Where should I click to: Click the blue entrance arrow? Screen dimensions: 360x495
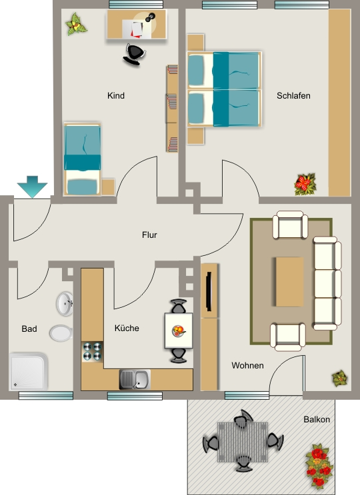(32, 187)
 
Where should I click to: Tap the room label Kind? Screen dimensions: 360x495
(116, 96)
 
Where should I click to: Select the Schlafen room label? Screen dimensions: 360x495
(293, 96)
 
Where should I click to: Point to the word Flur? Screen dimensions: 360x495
(149, 235)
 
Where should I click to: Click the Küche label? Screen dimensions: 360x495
(127, 328)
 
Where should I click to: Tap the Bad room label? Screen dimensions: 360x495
(29, 329)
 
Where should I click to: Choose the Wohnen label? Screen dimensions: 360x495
(247, 366)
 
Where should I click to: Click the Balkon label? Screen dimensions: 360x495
(317, 420)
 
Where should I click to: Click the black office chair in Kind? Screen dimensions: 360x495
(134, 55)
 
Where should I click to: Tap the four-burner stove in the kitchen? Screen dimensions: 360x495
(92, 352)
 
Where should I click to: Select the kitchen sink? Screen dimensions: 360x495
(135, 380)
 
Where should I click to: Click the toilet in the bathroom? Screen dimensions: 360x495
(61, 333)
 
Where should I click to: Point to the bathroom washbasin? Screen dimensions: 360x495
(65, 304)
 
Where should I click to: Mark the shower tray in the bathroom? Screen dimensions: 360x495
(29, 372)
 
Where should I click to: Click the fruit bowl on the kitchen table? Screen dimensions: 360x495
(179, 331)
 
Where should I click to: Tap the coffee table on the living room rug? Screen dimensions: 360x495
(289, 282)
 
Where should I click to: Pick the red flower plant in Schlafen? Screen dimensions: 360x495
(305, 184)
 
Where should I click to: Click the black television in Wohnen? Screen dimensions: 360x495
(209, 291)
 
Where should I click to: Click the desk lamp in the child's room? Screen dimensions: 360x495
(150, 17)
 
